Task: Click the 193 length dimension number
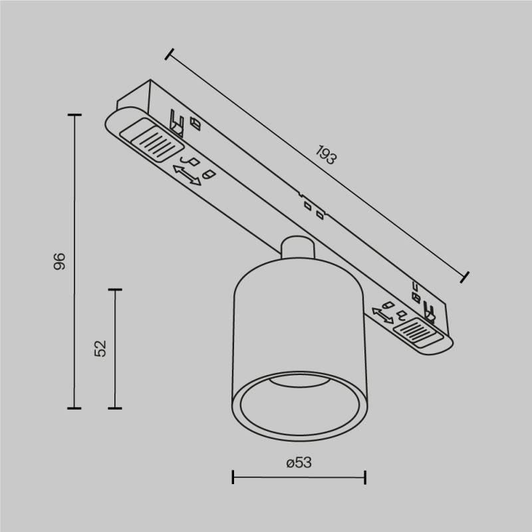[x=326, y=156]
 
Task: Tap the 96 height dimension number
[x=60, y=261]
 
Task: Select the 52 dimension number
[x=100, y=348]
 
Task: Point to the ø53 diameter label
[x=299, y=463]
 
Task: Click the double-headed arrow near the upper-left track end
[x=187, y=176]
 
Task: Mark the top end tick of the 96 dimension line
[x=74, y=116]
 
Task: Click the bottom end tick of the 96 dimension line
[x=74, y=408]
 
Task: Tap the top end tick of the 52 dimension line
[x=115, y=290]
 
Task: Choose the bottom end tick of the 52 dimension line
[x=115, y=408]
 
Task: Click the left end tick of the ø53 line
[x=233, y=477]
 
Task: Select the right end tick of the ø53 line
[x=365, y=477]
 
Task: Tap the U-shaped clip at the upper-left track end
[x=176, y=121]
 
